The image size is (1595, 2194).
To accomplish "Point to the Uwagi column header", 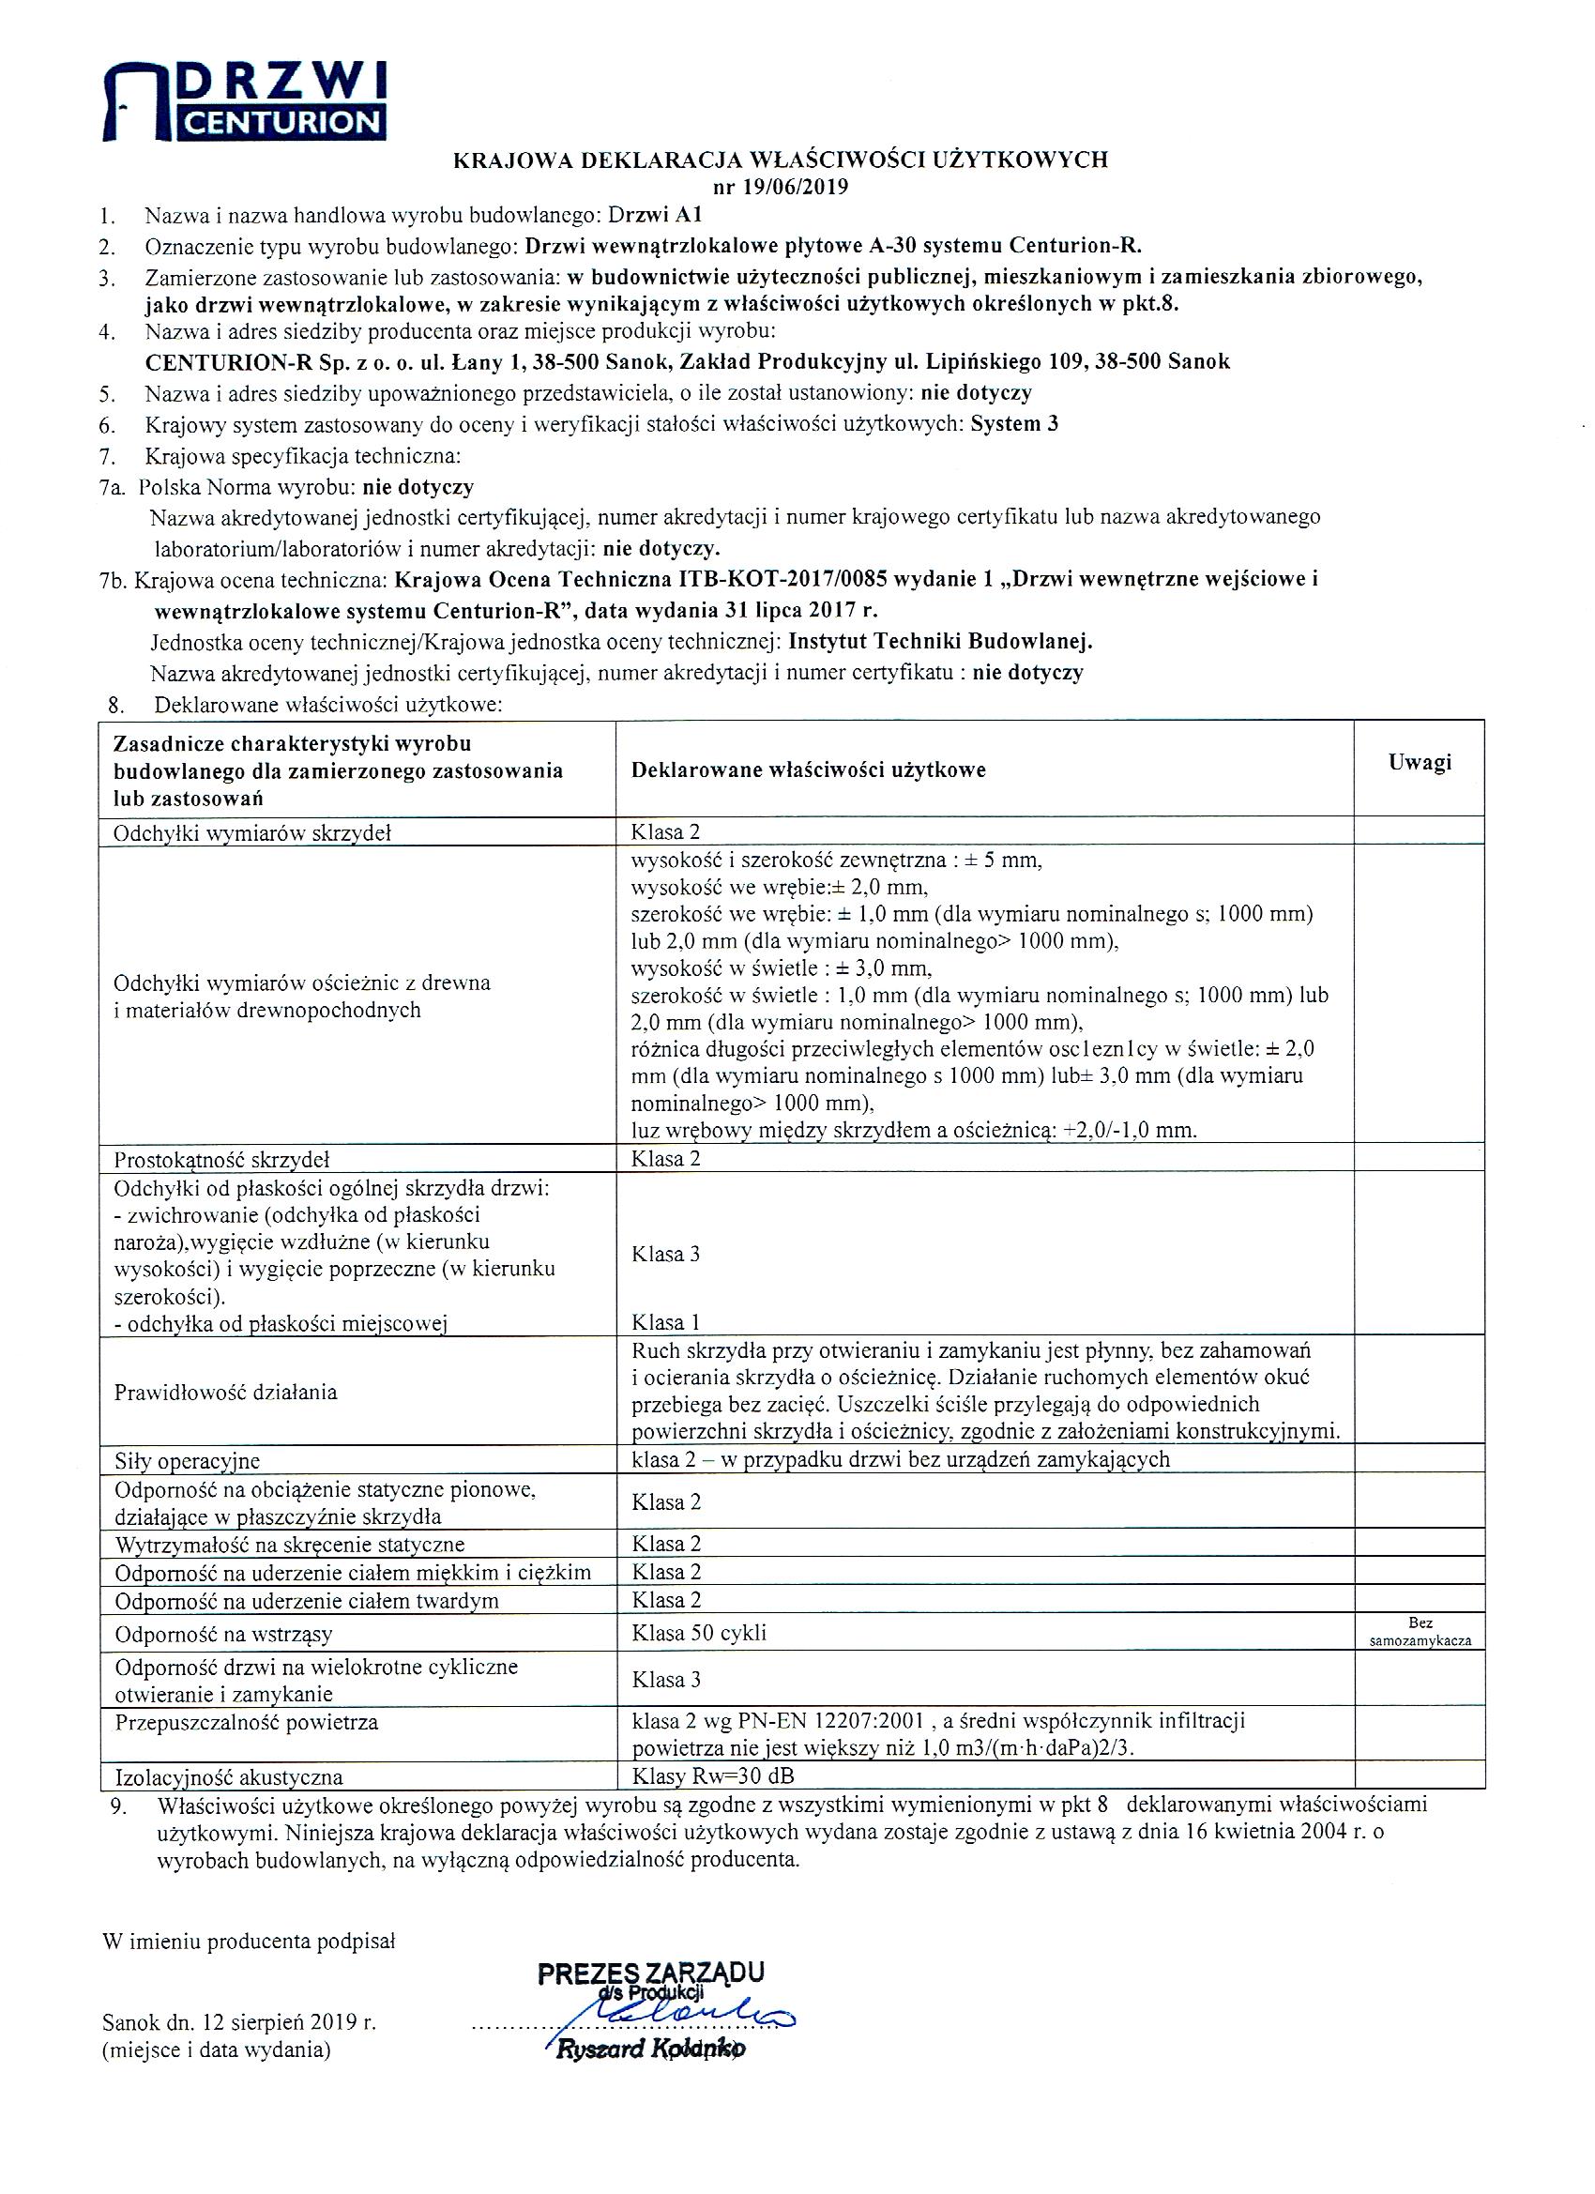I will coord(1419,762).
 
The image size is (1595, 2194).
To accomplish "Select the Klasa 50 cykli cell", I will coord(698,1633).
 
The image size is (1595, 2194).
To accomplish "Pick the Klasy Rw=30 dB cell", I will coord(714,1776).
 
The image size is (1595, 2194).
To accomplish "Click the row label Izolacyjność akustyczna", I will coord(228,1777).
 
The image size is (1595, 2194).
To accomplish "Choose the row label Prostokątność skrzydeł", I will coord(222,1160).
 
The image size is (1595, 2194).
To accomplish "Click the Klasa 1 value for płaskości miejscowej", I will coord(665,1322).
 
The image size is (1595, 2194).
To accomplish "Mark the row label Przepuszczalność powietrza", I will coord(247,1723).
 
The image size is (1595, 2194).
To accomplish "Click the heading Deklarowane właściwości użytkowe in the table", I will coord(808,770).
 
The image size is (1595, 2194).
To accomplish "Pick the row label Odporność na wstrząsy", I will coord(224,1635).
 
